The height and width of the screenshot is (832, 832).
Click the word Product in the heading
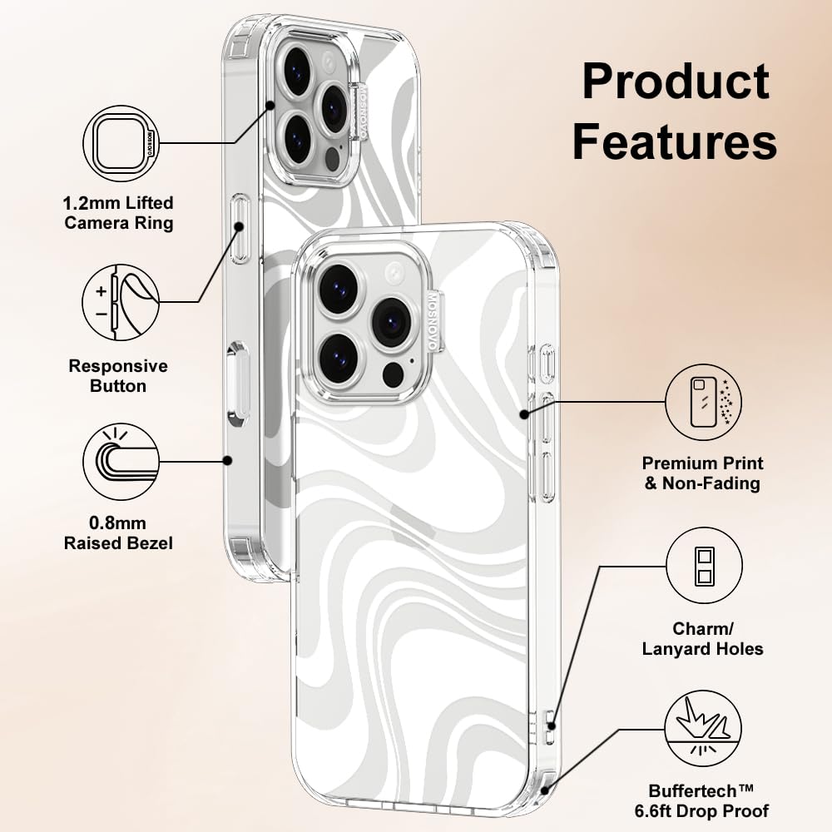675,82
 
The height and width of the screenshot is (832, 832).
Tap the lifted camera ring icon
121,143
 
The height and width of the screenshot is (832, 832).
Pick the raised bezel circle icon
121,460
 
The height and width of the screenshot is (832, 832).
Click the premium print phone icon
704,403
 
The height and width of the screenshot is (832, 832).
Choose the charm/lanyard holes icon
704,567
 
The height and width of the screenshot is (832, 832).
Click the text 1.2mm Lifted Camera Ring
119,213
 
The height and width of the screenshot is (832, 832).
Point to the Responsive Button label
118,376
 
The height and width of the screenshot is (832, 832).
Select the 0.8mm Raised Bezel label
119,533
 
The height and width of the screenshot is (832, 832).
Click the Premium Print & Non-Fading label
703,473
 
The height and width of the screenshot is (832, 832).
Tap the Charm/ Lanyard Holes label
703,638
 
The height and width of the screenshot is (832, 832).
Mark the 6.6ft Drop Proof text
709,810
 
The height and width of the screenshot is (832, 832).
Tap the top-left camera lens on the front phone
339,289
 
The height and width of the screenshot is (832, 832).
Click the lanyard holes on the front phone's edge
548,726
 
